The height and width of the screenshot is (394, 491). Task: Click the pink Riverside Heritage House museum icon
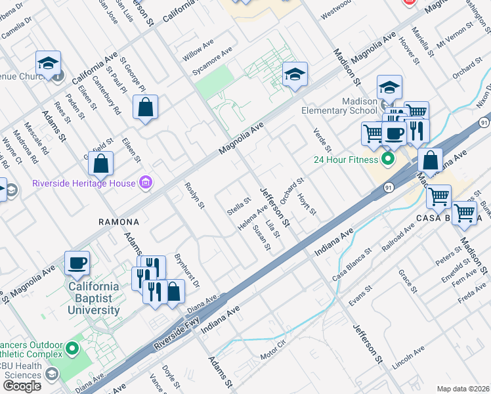[x=146, y=183]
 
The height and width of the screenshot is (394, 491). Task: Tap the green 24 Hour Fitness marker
[x=388, y=159]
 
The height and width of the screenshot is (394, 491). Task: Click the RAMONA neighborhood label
[x=119, y=222]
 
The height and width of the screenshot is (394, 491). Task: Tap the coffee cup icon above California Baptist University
[x=77, y=263]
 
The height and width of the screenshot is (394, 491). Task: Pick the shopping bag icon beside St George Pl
[x=145, y=108]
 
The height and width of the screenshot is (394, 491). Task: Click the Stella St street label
[x=239, y=206]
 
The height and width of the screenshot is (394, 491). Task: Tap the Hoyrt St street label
[x=307, y=204]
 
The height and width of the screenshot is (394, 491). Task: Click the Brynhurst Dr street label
[x=186, y=271]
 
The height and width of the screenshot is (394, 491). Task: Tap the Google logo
[x=22, y=385]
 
